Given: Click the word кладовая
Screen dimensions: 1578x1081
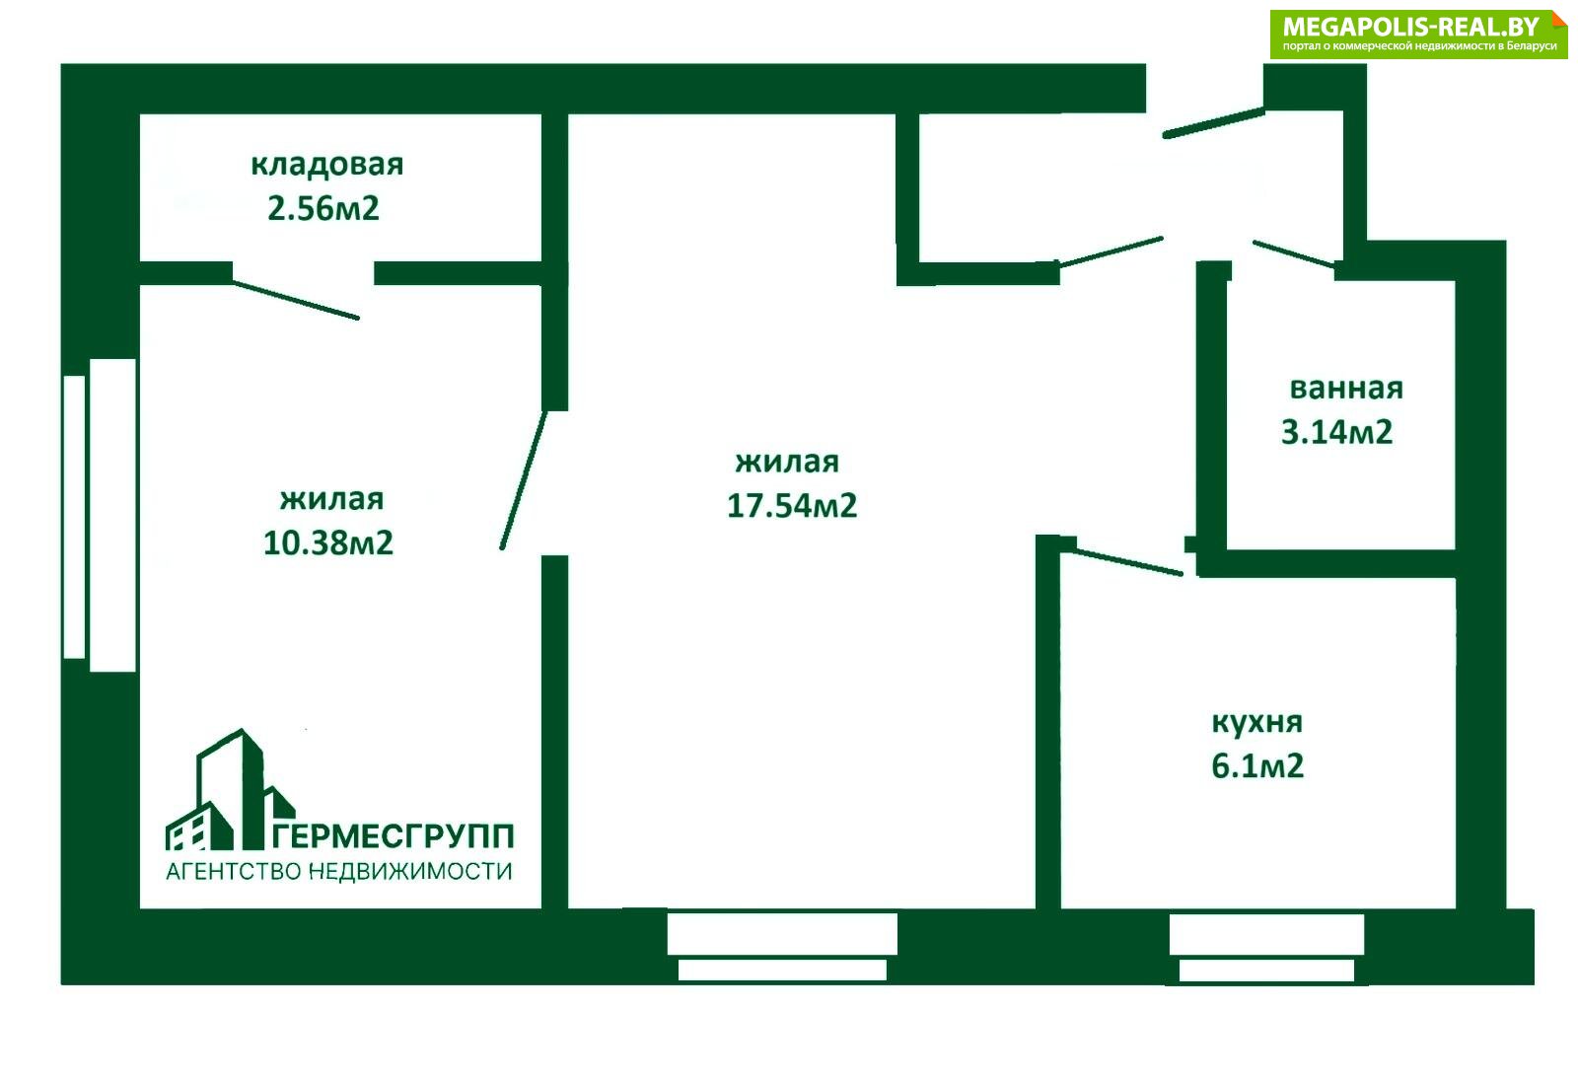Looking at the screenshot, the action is [x=326, y=166].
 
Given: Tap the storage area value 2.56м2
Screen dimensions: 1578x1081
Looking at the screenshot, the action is [x=323, y=208].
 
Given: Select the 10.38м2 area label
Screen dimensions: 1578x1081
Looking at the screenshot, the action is [x=328, y=543].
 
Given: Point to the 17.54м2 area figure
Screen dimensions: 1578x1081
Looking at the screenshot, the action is [x=792, y=506].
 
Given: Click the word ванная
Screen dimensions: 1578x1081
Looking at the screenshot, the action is [x=1346, y=389].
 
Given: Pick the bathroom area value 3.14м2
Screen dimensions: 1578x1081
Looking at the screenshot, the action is [x=1336, y=432].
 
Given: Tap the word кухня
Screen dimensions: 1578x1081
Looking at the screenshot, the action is [x=1257, y=723].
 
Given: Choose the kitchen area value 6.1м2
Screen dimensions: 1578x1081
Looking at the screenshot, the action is [x=1257, y=766].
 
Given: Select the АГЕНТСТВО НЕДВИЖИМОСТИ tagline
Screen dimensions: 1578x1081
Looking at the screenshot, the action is [x=339, y=872].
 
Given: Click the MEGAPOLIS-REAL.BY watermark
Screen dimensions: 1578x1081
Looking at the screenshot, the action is [x=1419, y=34].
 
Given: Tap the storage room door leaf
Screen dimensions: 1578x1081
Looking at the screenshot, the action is [x=296, y=300].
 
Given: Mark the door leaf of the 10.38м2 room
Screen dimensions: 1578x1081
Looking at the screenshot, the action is [x=524, y=480].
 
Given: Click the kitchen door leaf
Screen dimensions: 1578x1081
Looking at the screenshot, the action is [x=1128, y=562].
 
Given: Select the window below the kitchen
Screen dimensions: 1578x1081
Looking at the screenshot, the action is [x=1266, y=948].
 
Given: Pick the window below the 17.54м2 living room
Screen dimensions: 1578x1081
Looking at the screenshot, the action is [x=782, y=947].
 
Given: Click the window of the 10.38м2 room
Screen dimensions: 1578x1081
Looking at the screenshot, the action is [x=100, y=515].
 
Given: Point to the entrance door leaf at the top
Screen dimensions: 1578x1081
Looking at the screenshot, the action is [x=1213, y=122].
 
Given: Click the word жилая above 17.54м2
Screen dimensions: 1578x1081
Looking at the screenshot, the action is [x=787, y=463].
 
